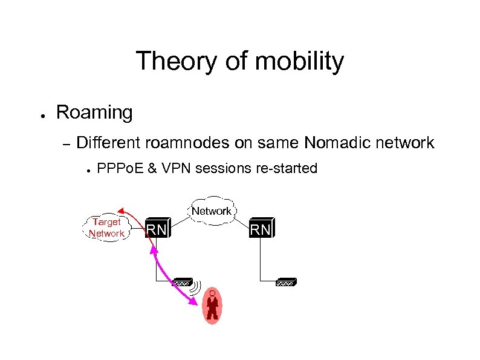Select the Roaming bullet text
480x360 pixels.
point(94,113)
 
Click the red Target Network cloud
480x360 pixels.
point(106,227)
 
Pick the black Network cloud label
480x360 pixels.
point(211,211)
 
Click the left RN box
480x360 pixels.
point(157,229)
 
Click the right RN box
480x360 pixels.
point(261,229)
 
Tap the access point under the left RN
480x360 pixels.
point(183,282)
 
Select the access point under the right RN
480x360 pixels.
point(285,282)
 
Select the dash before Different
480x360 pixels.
point(67,144)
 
